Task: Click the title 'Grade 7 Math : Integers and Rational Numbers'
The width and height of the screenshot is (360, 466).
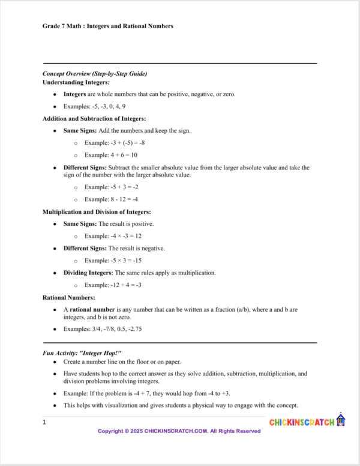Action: [108, 26]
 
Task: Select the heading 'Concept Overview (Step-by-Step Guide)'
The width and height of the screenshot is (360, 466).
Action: [95, 74]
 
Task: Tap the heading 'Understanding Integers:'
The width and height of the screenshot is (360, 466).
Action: [76, 82]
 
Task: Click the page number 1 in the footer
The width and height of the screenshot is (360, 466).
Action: [44, 423]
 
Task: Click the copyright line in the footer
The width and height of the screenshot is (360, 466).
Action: [179, 431]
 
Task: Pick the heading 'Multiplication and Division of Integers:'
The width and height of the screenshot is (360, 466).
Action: [97, 211]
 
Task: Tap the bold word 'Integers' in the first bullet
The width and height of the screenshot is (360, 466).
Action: [75, 94]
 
